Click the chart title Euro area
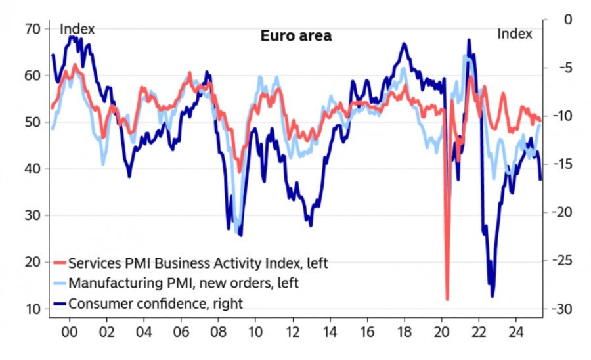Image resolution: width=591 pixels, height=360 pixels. (296, 36)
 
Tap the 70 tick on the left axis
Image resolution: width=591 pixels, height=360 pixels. (33, 29)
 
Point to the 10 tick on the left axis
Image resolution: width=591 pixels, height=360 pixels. (33, 309)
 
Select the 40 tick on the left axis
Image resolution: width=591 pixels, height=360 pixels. (33, 169)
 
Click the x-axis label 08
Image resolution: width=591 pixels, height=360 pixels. (219, 331)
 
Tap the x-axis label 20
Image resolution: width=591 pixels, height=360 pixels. (442, 331)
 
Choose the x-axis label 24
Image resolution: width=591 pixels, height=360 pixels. (516, 331)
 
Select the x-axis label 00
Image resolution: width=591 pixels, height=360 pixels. (70, 331)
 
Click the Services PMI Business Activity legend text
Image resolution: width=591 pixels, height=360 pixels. (198, 263)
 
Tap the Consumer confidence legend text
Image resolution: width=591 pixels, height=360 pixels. (156, 303)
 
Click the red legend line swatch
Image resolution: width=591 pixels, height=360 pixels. (58, 263)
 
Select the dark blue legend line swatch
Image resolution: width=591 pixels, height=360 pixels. (58, 303)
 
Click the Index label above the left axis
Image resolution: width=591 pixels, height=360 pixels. (77, 30)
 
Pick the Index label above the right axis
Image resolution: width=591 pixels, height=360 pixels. (514, 34)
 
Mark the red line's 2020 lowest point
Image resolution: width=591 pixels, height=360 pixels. (447, 300)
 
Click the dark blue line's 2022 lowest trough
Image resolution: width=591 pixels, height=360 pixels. (492, 296)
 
